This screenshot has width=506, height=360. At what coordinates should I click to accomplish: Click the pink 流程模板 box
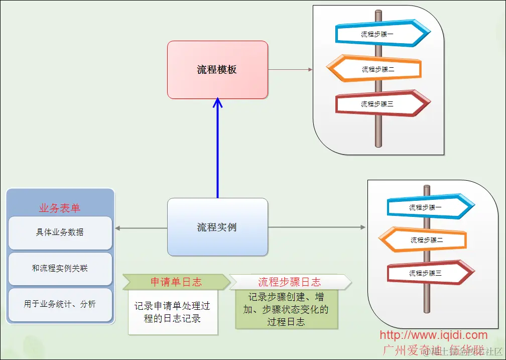click(217, 70)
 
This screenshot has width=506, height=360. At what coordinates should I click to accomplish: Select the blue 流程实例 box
click(217, 227)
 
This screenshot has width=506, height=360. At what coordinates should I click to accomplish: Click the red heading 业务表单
click(60, 208)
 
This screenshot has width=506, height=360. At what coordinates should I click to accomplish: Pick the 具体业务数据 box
click(60, 232)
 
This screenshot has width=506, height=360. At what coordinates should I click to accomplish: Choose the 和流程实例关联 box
click(60, 268)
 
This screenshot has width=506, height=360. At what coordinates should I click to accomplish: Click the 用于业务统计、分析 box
click(60, 304)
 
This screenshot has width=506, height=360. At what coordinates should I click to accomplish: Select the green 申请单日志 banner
click(176, 282)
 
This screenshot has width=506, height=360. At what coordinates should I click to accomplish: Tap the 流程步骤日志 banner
click(290, 282)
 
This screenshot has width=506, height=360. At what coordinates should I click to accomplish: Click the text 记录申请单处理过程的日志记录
click(172, 312)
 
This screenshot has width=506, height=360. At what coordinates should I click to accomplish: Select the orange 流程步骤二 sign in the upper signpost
click(375, 69)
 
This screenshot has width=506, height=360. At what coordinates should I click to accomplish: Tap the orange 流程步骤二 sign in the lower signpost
click(424, 240)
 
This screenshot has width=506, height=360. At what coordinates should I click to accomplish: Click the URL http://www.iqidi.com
click(433, 335)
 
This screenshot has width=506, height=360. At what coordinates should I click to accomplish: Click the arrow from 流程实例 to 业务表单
click(141, 228)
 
